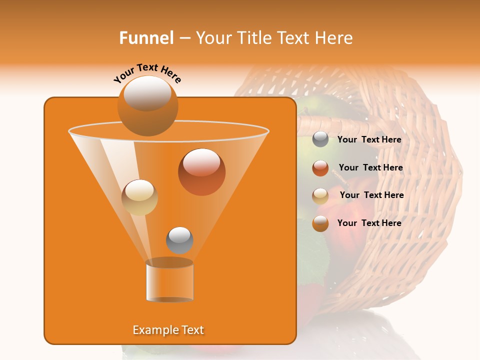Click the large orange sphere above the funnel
pos(147,106)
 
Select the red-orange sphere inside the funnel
pos(201,172)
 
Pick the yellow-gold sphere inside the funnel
pos(139,197)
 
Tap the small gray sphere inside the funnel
pos(179,240)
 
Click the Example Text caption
pos(168,330)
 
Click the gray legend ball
pos(320,139)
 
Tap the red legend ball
pos(320,168)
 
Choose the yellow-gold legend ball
pos(320,196)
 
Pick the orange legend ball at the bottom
pos(320,223)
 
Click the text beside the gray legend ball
pos(369,139)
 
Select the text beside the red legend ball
pos(370,167)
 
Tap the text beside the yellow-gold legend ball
pos(371,195)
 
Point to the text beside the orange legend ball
pos(369,223)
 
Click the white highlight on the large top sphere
pos(147,93)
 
